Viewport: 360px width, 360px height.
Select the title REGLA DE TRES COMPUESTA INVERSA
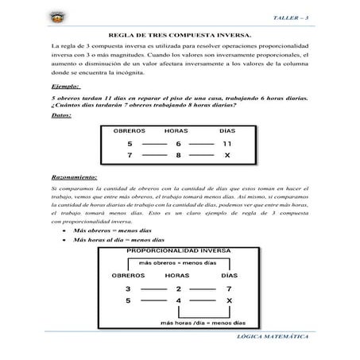[x=180, y=36]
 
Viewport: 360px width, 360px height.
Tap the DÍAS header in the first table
[x=227, y=130]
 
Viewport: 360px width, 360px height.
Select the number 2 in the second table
[x=179, y=288]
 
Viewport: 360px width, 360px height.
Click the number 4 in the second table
[x=179, y=300]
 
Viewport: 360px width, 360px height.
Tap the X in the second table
[x=229, y=300]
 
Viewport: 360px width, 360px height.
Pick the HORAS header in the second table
[x=178, y=275]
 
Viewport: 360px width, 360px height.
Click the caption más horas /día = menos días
[x=195, y=323]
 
